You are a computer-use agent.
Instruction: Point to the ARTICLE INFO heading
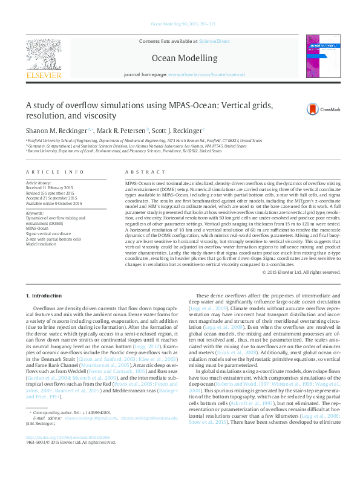click(x=54, y=172)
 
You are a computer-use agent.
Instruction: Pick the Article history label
click(x=39, y=182)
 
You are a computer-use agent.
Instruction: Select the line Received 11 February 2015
click(x=49, y=187)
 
